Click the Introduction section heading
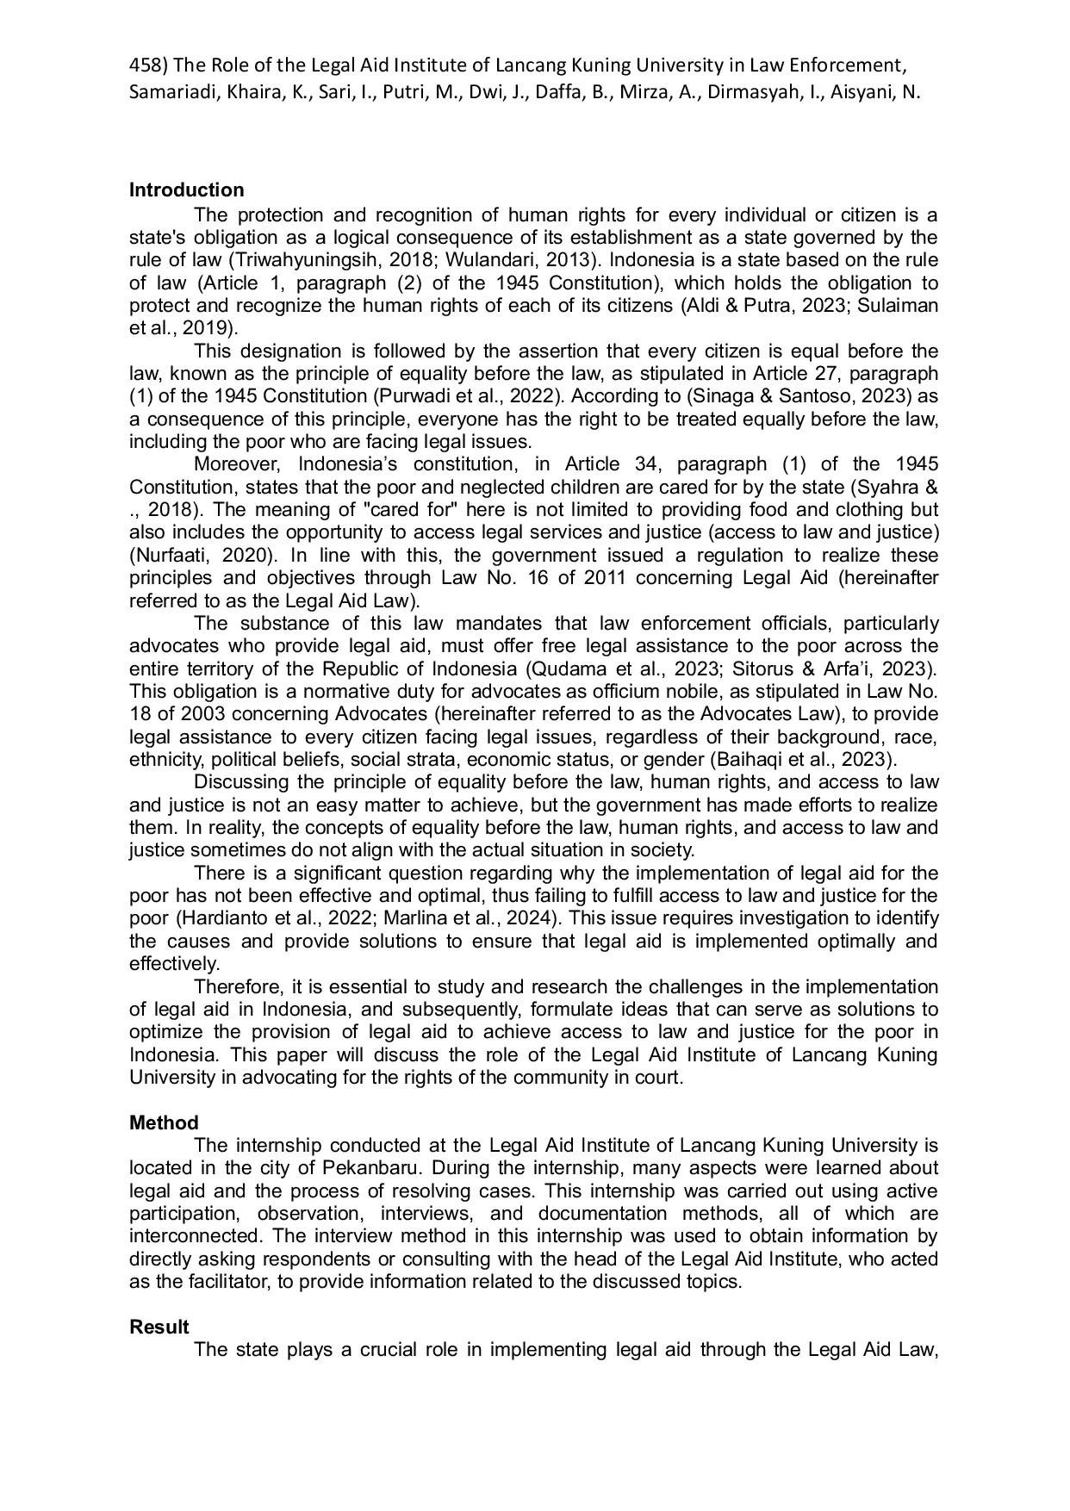tap(186, 190)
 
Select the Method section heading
tap(164, 1123)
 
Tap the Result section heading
tap(159, 1328)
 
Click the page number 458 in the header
tap(142, 65)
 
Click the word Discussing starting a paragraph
tap(241, 782)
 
